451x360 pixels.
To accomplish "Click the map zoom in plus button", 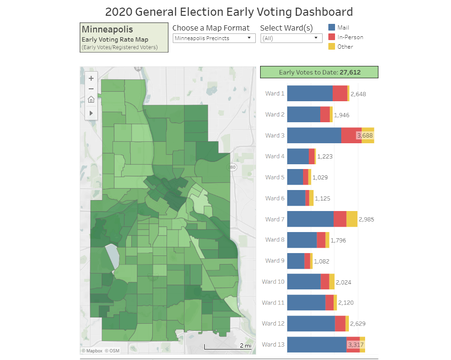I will [91, 78].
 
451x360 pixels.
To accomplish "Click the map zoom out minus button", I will [91, 89].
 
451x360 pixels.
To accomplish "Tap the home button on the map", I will [91, 99].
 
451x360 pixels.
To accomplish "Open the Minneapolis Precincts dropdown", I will [214, 38].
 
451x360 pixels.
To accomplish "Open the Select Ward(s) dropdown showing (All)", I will [292, 38].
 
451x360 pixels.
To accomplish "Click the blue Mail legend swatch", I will [332, 28].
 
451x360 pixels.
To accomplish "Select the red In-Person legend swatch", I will [332, 37].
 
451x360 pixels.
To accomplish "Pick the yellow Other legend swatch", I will [332, 47].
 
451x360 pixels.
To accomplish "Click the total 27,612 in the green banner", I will [350, 73].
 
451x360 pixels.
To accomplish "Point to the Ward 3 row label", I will [275, 136].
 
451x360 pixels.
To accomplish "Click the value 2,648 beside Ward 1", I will [358, 94].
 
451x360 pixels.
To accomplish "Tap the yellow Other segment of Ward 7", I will [352, 219].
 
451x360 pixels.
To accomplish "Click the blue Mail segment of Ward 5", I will [295, 177].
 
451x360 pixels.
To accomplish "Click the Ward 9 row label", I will [275, 261].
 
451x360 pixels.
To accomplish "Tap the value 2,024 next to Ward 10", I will [344, 282].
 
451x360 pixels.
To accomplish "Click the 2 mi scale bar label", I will [245, 346].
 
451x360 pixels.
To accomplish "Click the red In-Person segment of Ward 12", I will [340, 324].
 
